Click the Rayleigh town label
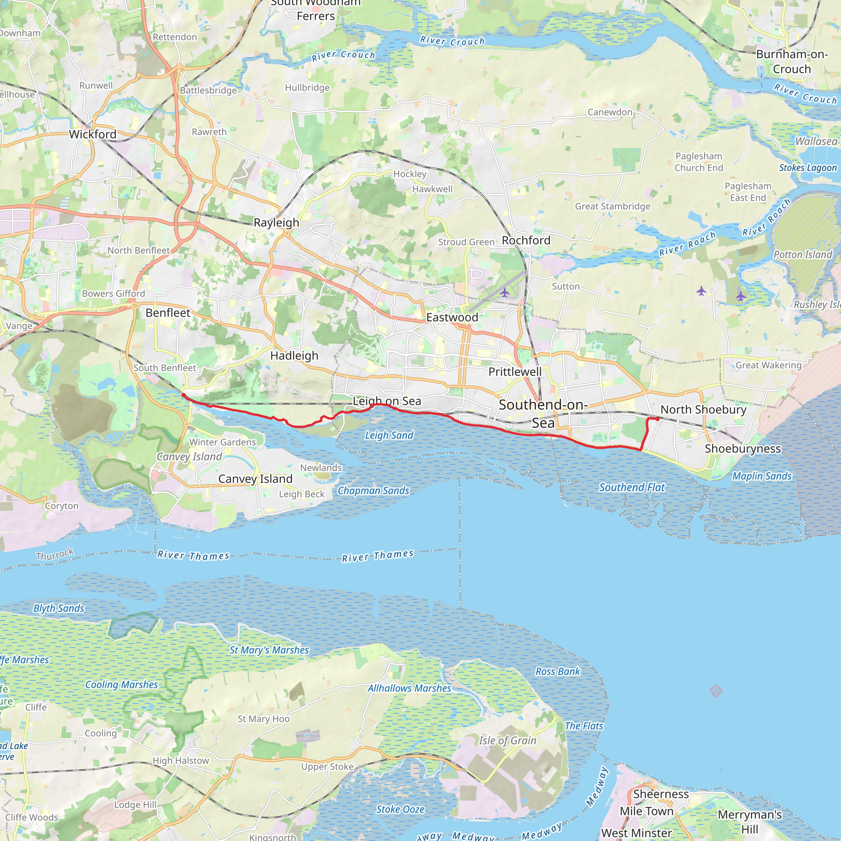(x=276, y=223)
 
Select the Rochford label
(x=526, y=240)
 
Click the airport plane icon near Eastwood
(x=505, y=292)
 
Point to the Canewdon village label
(x=610, y=112)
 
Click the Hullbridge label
(x=307, y=88)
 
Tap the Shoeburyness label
(x=742, y=449)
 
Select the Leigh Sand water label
(x=389, y=435)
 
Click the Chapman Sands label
(x=374, y=491)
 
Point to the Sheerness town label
(x=661, y=794)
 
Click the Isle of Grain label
(x=508, y=740)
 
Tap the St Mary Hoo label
(x=264, y=719)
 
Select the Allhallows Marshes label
(x=409, y=688)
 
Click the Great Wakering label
(x=768, y=365)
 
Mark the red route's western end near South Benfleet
(x=184, y=395)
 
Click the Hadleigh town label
(x=294, y=356)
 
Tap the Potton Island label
(x=803, y=255)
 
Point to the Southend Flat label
(x=632, y=487)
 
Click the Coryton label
(x=62, y=506)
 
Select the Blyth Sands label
(x=59, y=608)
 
